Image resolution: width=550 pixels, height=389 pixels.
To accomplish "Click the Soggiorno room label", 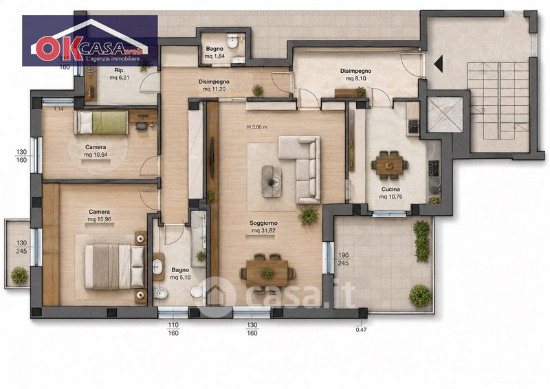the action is (x=263, y=223).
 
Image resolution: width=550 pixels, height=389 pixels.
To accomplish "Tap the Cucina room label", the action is (x=390, y=190).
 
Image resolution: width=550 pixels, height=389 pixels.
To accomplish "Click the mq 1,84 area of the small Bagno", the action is (x=214, y=56).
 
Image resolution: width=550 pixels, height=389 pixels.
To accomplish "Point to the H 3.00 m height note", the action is (x=257, y=127).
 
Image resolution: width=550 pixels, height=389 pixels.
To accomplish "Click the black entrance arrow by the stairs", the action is (x=438, y=64).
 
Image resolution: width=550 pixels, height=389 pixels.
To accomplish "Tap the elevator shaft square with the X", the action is (x=445, y=115).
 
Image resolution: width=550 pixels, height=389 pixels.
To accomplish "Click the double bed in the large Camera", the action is (x=115, y=266).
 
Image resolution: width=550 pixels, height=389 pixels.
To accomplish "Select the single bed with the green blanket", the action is (x=101, y=122).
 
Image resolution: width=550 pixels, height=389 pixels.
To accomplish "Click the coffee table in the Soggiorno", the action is (x=272, y=181).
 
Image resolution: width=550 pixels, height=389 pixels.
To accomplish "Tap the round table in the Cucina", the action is (x=389, y=164).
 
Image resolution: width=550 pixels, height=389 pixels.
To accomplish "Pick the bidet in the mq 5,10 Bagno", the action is (x=160, y=293).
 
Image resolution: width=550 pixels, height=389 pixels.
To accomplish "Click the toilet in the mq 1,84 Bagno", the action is (x=232, y=42).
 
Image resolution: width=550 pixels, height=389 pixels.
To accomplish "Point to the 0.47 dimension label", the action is (x=361, y=330).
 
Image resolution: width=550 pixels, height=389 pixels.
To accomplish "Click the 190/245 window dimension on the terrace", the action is (x=343, y=258).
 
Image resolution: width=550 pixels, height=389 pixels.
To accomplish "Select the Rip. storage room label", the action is (x=119, y=70).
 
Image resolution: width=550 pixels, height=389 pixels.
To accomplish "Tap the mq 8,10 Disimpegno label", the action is (x=355, y=78).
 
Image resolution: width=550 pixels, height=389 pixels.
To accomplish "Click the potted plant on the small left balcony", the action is (x=19, y=276).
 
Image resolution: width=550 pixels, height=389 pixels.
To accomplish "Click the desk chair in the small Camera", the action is (x=141, y=126).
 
